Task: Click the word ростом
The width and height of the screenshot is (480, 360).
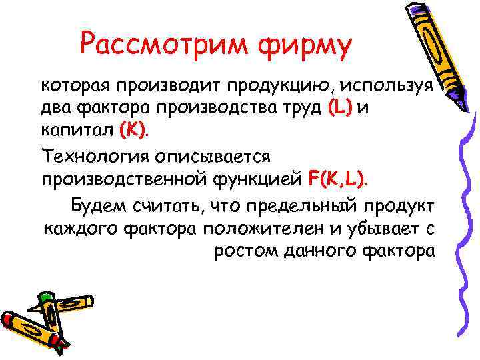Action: (x=243, y=253)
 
